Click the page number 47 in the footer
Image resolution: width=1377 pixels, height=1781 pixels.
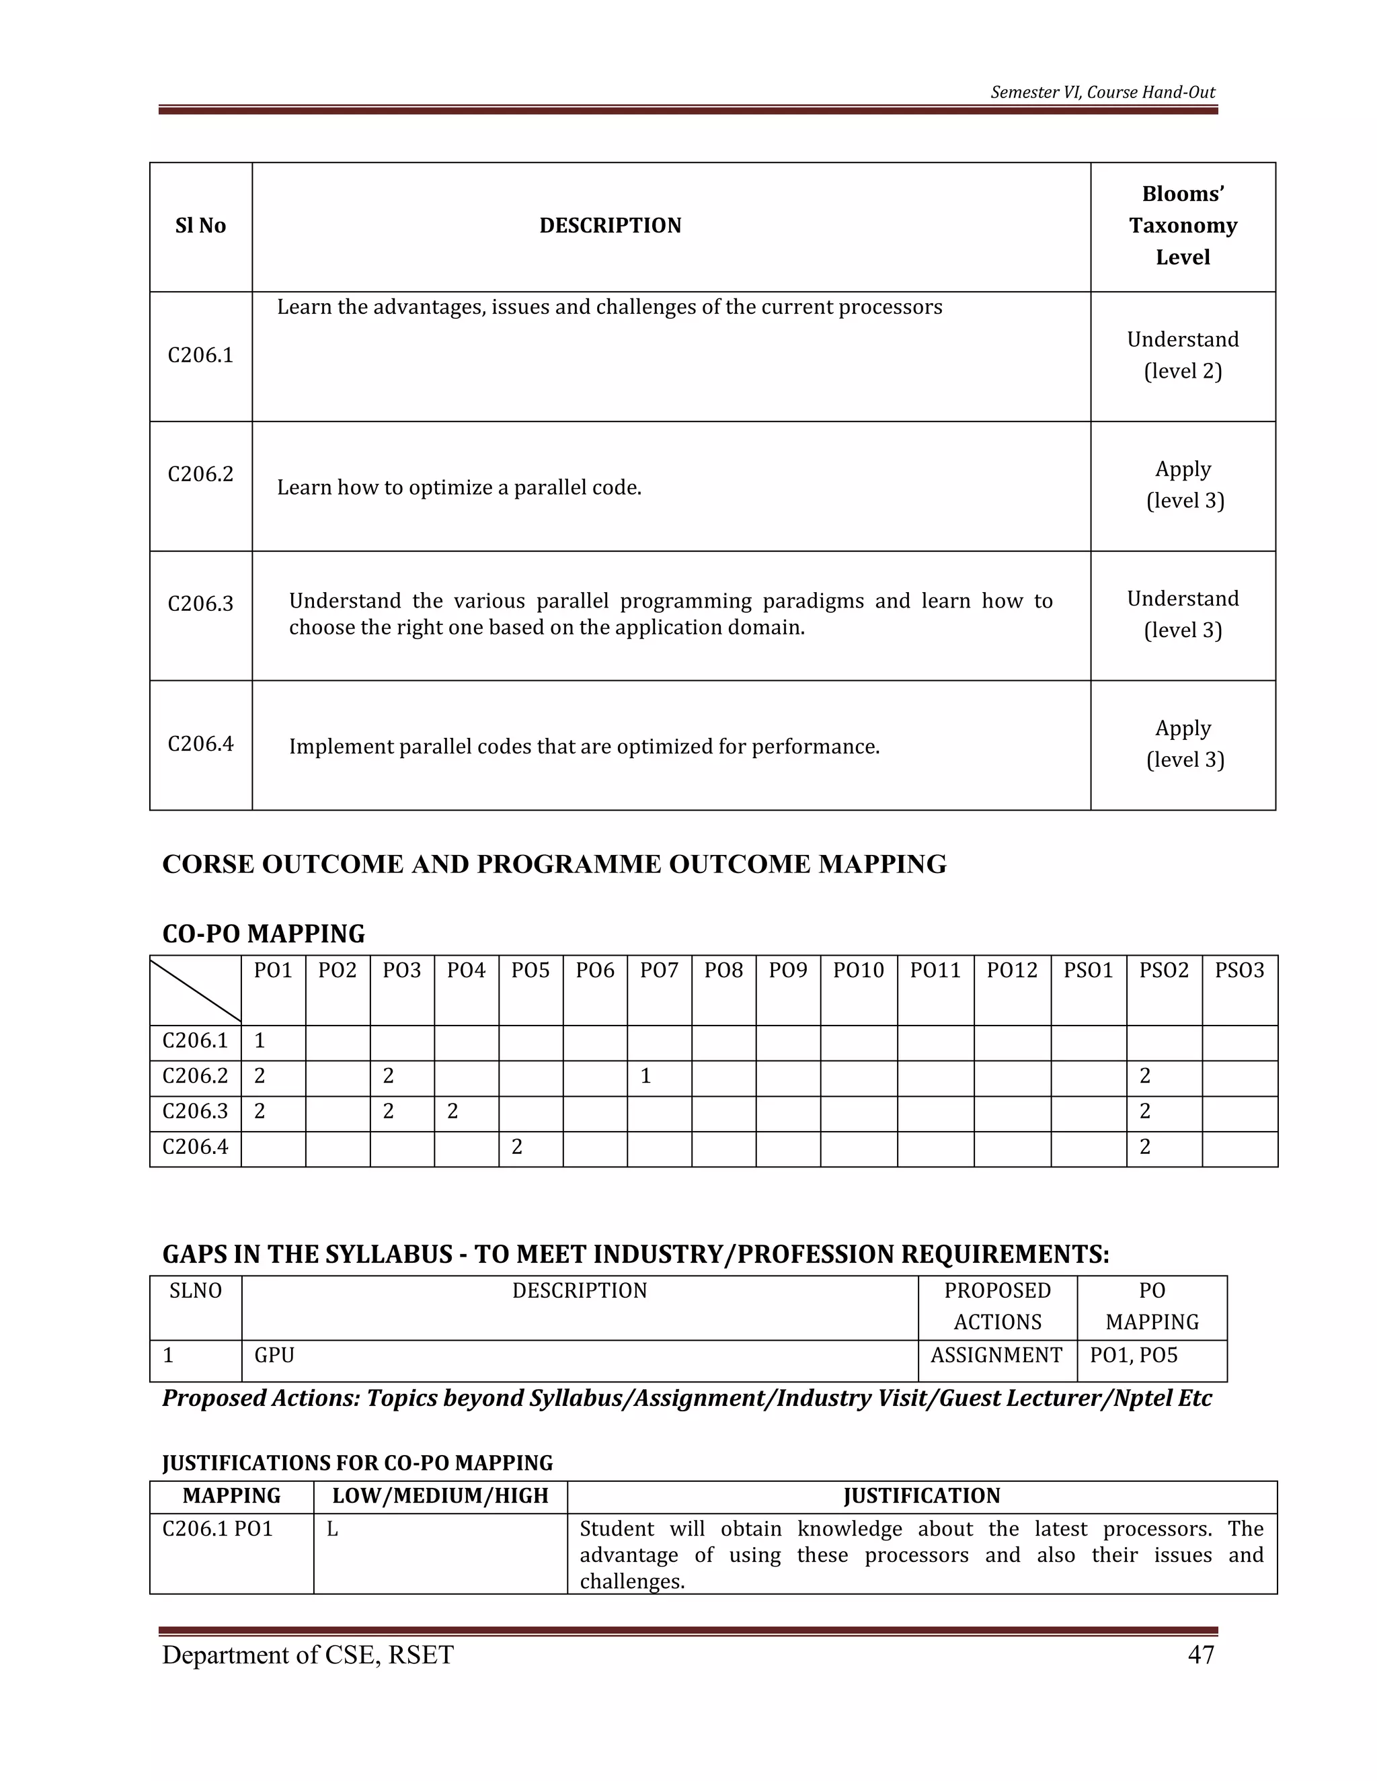1201,1655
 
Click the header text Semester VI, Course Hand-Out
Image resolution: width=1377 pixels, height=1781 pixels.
1102,92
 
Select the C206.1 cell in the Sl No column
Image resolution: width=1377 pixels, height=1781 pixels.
200,355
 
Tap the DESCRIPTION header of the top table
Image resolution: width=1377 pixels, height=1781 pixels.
611,225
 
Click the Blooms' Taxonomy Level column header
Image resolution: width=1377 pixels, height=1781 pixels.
1182,225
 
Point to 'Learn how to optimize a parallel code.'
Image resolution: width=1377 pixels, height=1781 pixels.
459,488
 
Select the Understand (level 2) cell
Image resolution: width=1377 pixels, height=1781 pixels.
1182,355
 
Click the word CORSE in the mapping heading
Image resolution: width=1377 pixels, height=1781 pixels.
208,864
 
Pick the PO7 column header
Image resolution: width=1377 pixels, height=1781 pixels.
659,970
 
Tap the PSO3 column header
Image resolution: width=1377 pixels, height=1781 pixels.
1239,970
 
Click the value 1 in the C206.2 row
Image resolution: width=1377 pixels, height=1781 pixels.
645,1077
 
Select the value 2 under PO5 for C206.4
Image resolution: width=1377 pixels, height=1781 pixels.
516,1147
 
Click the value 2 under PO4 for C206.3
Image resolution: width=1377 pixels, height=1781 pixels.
453,1112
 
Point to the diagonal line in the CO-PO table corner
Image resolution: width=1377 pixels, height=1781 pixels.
196,990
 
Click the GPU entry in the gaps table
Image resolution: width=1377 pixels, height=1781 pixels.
274,1356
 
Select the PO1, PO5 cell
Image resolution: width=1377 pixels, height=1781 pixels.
1134,1356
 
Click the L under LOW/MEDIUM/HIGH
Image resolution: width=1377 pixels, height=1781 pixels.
333,1530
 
